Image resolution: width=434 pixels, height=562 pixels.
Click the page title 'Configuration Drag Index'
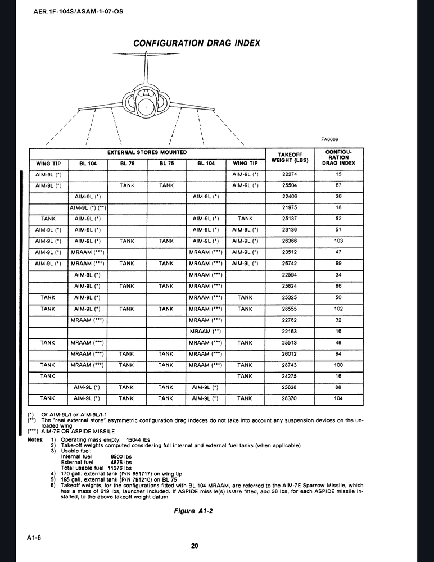click(196, 43)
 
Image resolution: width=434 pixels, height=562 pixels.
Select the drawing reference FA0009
click(329, 139)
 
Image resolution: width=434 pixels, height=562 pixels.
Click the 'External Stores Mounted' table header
click(147, 152)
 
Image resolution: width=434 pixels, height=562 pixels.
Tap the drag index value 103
click(338, 241)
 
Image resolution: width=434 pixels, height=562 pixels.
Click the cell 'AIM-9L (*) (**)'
click(88, 207)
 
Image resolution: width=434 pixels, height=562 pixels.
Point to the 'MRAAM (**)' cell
click(206, 332)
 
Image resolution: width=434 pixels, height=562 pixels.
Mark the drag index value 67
click(338, 185)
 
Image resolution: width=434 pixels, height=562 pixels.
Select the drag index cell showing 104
click(338, 398)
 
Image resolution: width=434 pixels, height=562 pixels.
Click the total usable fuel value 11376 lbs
click(121, 468)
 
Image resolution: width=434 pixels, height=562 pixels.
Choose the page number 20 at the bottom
click(195, 545)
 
